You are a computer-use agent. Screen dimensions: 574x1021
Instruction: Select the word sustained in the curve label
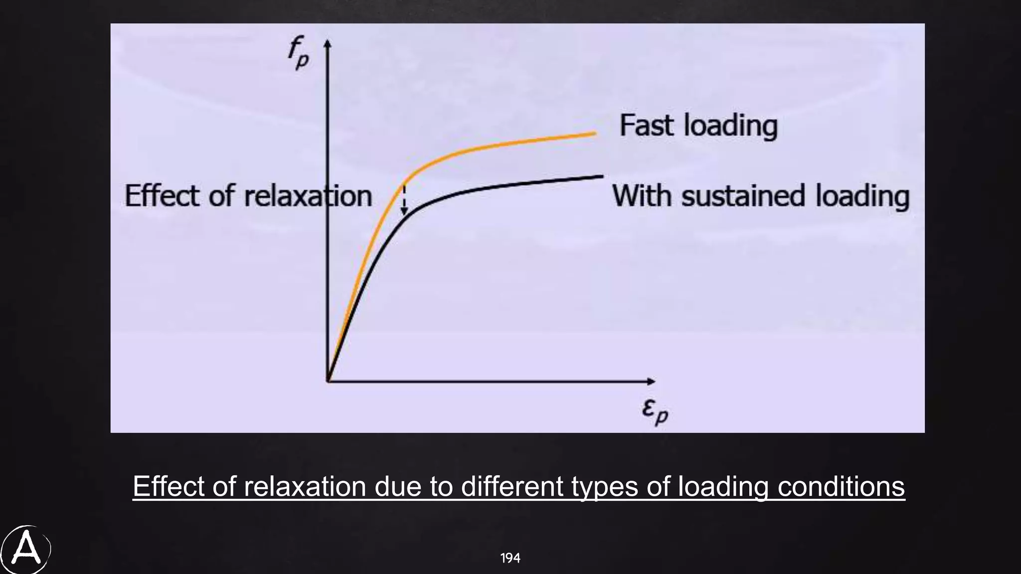[x=743, y=195]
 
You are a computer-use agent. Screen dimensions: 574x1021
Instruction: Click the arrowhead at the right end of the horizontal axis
[x=652, y=381]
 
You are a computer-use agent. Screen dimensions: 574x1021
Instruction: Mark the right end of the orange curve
[x=595, y=134]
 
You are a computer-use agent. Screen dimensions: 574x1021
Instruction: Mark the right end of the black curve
[x=602, y=176]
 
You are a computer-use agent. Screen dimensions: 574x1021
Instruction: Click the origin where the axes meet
[x=328, y=381]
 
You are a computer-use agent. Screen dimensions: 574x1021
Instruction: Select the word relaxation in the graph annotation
[x=308, y=195]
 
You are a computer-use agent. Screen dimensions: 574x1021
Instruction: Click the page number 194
[x=510, y=558]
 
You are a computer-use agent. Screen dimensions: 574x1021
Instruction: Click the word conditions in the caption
[x=841, y=486]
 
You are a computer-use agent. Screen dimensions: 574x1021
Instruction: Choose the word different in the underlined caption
[x=512, y=486]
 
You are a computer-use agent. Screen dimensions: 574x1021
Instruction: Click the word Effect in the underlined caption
[x=169, y=486]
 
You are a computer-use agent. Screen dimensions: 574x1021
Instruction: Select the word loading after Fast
[x=730, y=126]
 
